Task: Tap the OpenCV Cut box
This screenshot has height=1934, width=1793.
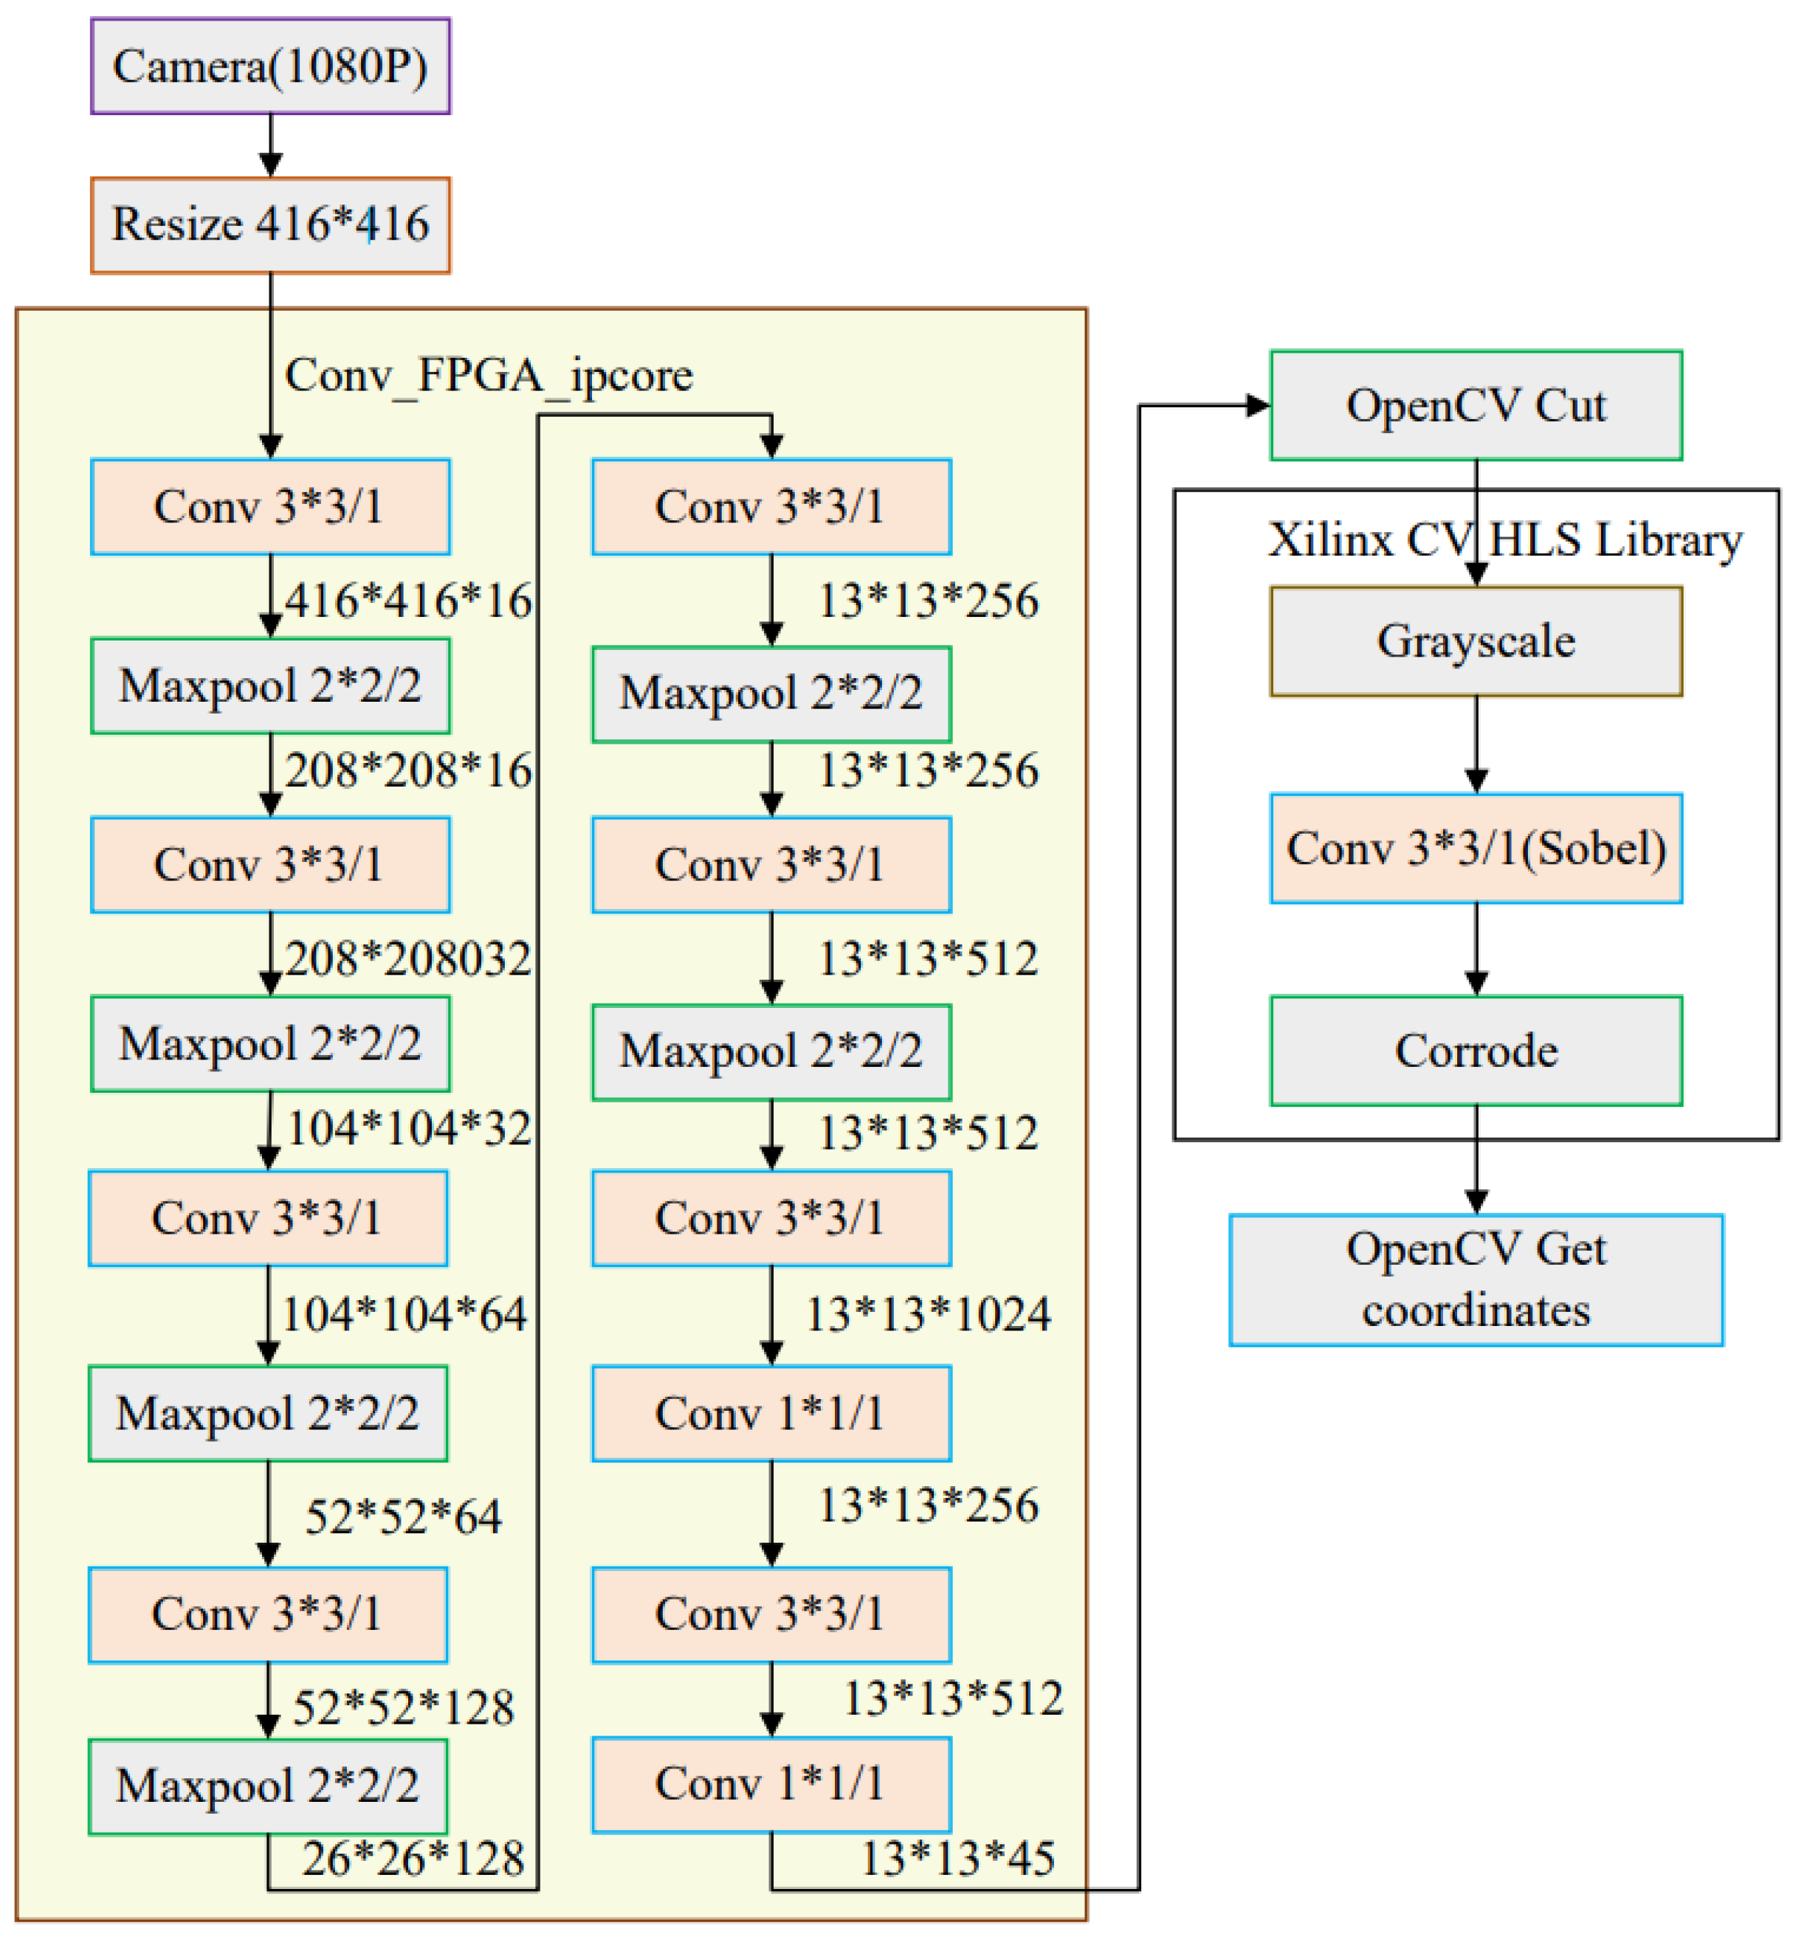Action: [x=1476, y=405]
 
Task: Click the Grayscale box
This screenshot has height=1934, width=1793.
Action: [x=1476, y=641]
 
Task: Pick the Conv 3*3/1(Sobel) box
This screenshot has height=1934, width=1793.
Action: [x=1476, y=849]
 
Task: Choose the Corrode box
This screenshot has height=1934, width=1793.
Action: [x=1476, y=1051]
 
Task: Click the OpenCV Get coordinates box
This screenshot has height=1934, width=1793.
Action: [x=1476, y=1279]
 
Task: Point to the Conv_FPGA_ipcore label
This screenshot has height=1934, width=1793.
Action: [x=489, y=376]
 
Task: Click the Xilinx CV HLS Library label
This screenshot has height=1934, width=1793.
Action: [x=1505, y=540]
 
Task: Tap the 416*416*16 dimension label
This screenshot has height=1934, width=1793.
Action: [x=408, y=601]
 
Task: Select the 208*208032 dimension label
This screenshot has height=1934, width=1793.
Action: [x=408, y=959]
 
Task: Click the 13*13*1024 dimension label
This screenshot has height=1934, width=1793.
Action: [x=929, y=1314]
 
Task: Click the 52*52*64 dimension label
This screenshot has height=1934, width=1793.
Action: [x=404, y=1516]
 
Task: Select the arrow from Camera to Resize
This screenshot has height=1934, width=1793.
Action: [x=271, y=145]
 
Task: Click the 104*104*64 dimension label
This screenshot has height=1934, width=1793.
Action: [x=404, y=1314]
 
